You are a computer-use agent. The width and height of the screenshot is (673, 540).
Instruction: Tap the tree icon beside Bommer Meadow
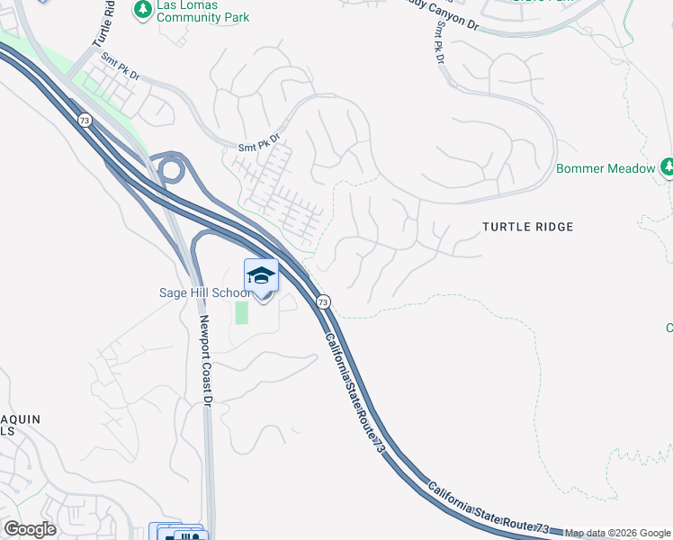[668, 167]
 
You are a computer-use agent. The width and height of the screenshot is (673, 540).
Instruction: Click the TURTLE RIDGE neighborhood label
[527, 227]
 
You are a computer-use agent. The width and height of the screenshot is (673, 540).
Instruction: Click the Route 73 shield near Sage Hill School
[323, 301]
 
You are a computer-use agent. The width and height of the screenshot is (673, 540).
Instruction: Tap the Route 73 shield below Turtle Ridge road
[84, 121]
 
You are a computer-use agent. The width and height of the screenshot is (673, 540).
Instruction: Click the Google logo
[30, 529]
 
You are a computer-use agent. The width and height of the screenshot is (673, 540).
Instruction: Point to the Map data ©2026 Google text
[618, 533]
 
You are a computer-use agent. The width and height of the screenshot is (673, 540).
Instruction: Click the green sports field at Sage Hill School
[241, 312]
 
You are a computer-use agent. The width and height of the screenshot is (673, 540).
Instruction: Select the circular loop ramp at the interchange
[170, 167]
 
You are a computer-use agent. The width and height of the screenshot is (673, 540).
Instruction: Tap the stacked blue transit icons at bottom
[178, 533]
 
